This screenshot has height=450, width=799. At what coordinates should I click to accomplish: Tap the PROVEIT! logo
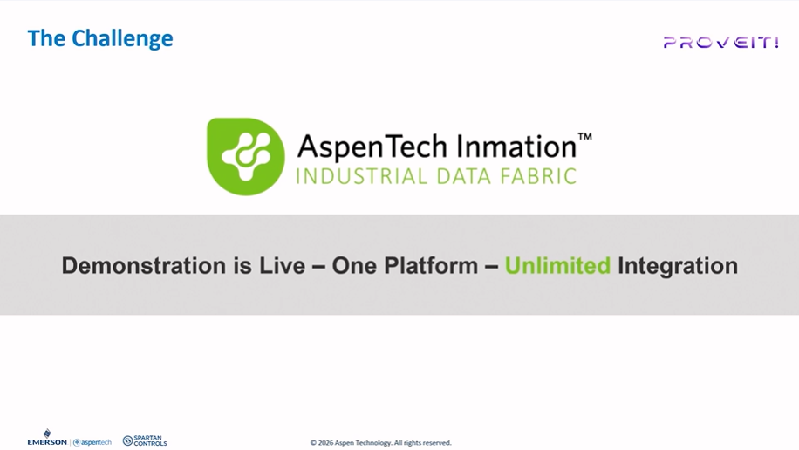tap(720, 42)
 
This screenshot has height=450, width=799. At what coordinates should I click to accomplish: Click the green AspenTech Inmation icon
tap(245, 156)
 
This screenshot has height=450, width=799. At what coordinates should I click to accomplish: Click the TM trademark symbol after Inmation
tap(585, 136)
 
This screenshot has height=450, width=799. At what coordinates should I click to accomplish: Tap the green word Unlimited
tap(558, 266)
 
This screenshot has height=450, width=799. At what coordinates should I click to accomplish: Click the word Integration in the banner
tap(678, 266)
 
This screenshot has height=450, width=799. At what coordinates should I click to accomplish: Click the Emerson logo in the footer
tap(47, 439)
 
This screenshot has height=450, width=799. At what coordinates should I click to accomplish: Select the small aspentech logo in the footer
tap(92, 442)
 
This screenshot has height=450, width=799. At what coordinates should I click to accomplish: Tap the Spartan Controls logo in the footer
tap(145, 441)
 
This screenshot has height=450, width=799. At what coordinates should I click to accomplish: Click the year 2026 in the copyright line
tap(326, 443)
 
